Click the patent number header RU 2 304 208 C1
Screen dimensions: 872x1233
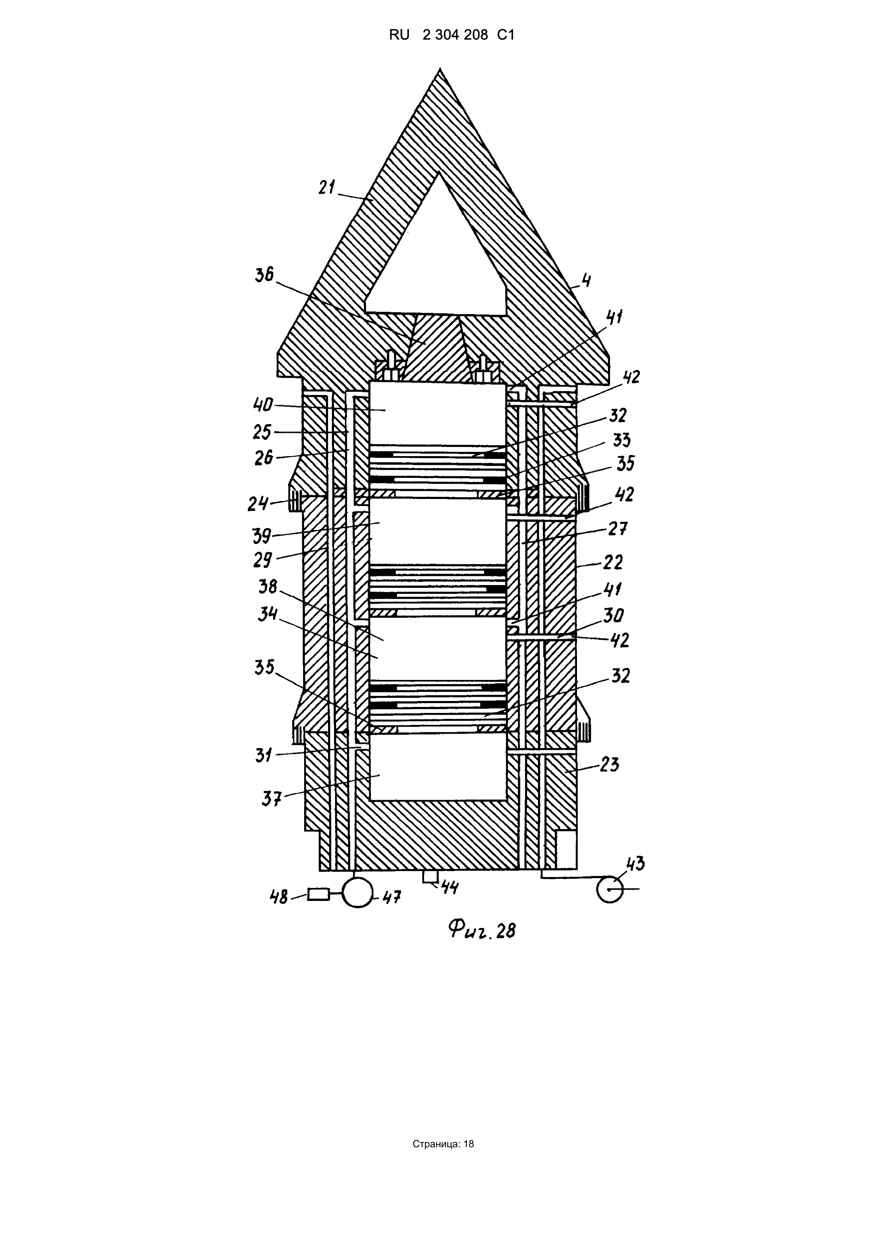coord(452,35)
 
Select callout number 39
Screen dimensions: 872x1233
coord(263,536)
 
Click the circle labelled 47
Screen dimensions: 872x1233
coord(357,892)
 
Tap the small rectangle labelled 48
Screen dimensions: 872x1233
coord(319,894)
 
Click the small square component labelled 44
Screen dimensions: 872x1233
coord(430,876)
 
